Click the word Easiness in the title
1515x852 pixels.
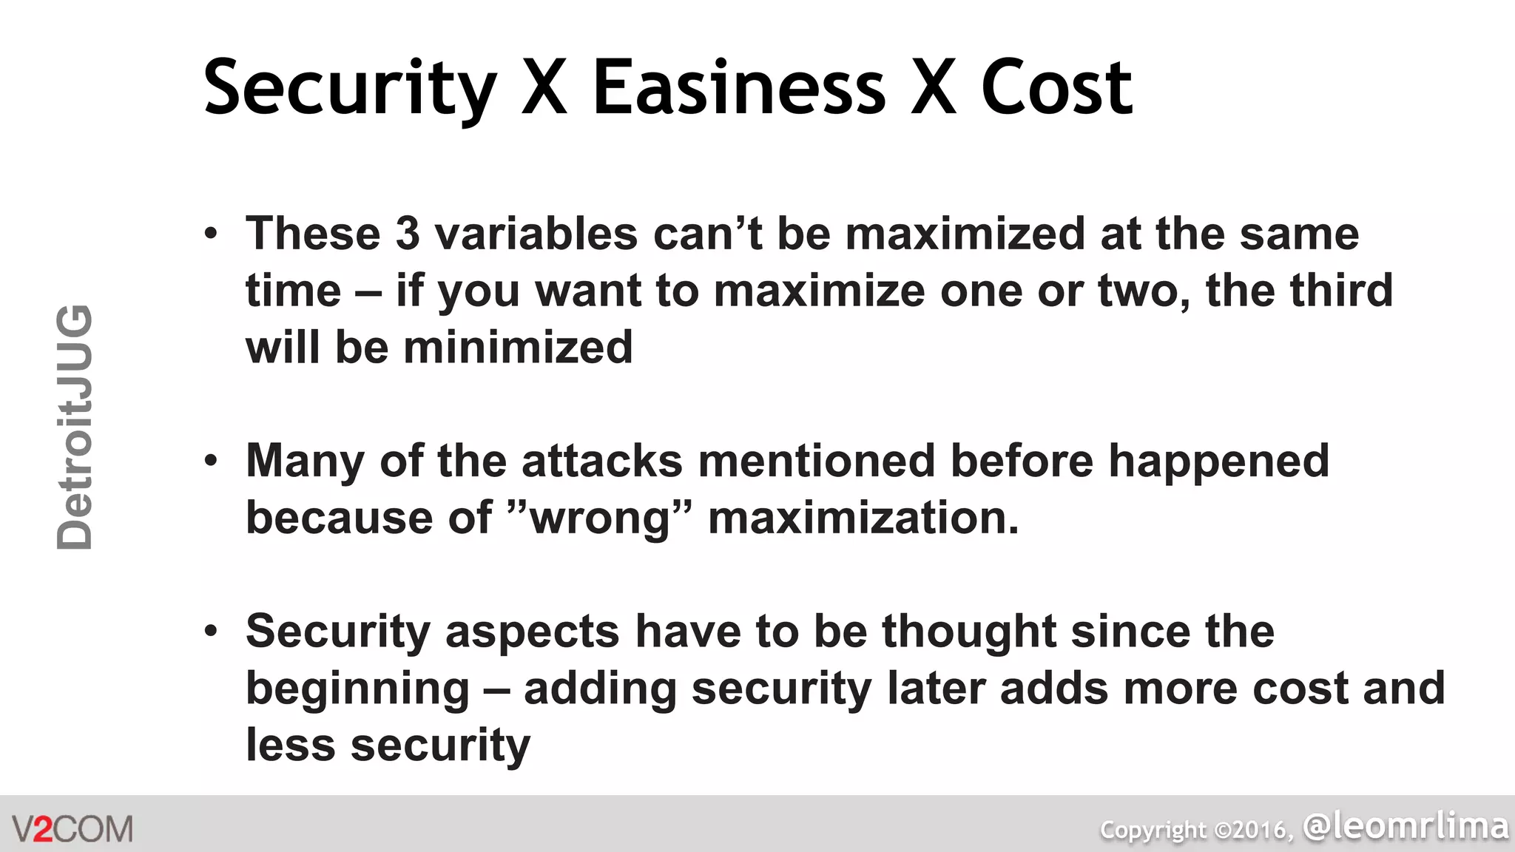tap(738, 89)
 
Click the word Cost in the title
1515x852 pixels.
tap(1056, 89)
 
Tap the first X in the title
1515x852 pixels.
tap(544, 89)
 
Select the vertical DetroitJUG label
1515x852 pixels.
tap(75, 427)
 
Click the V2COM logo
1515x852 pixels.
tap(72, 829)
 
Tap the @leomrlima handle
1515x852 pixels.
tap(1406, 825)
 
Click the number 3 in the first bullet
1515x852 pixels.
tap(408, 234)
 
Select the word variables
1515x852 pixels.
tap(536, 234)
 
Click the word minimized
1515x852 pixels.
tap(518, 348)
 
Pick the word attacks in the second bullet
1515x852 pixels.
tap(601, 461)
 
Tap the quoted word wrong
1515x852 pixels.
tap(601, 518)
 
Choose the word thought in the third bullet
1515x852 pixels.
tap(968, 632)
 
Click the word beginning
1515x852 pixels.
tap(357, 689)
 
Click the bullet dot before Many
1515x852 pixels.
tap(212, 461)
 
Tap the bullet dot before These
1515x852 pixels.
tap(212, 234)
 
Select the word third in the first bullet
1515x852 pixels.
tap(1341, 290)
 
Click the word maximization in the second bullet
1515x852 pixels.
tap(863, 518)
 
